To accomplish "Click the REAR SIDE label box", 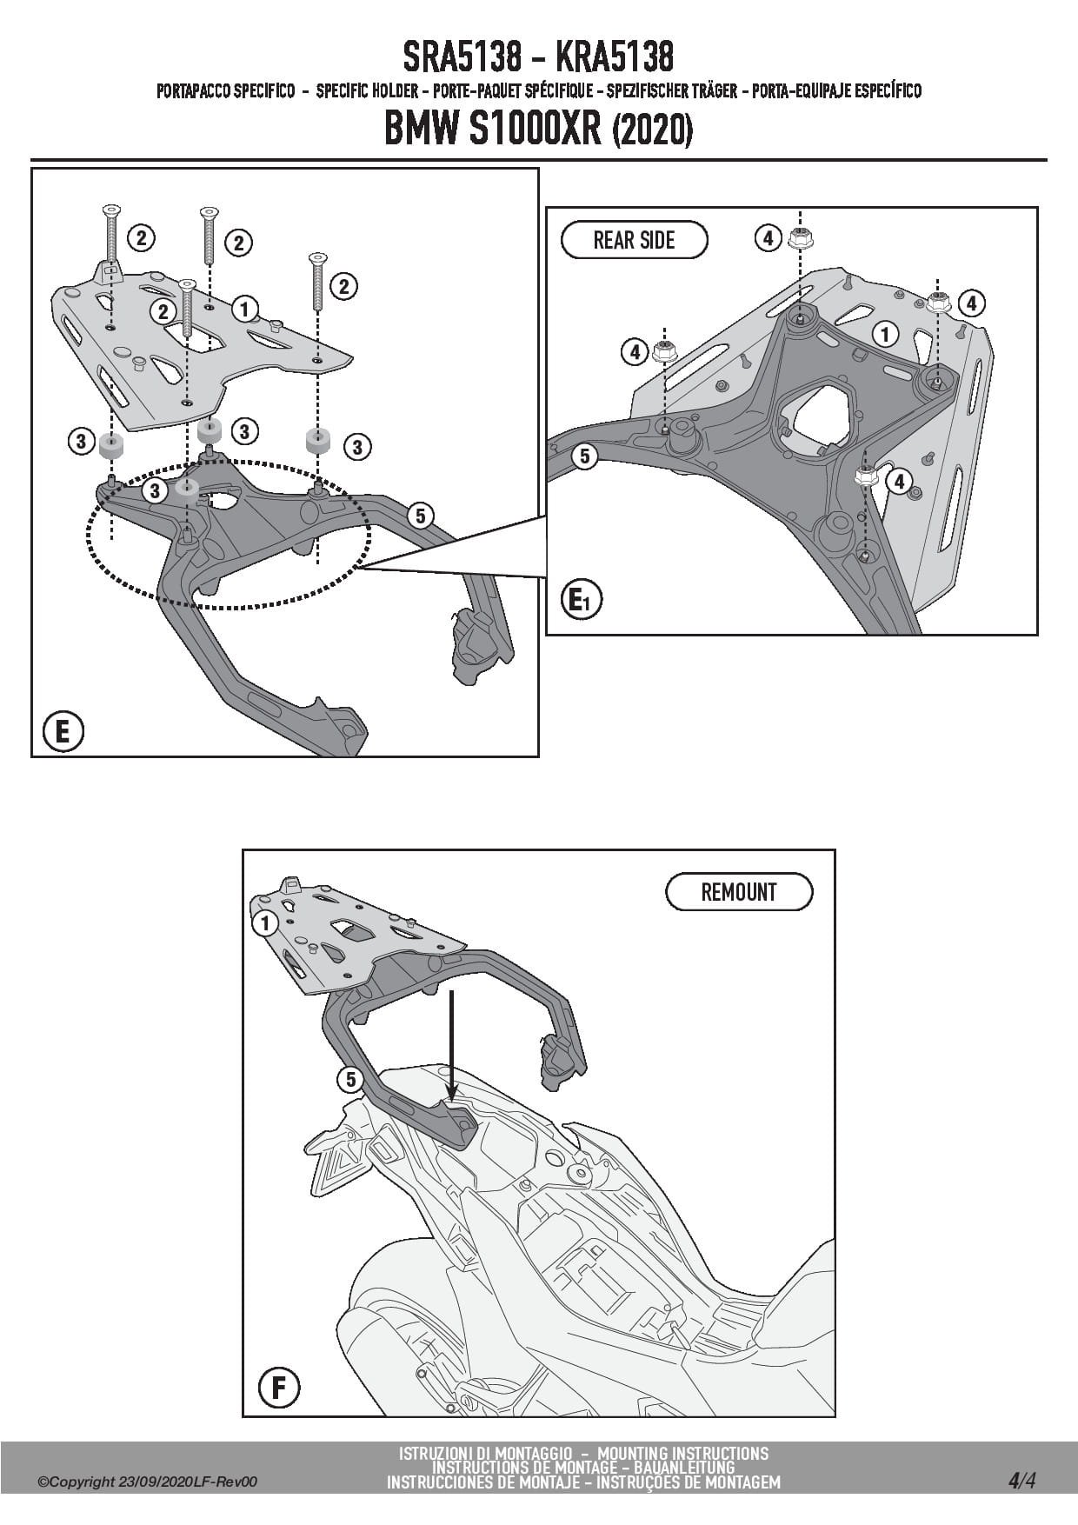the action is [x=634, y=240].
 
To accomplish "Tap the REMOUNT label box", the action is [x=739, y=892].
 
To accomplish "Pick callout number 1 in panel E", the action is [x=245, y=309].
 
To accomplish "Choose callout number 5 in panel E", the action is [x=420, y=516].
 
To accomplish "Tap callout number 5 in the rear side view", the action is [x=584, y=455].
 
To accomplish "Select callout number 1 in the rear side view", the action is [x=886, y=334].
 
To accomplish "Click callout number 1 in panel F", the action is [x=264, y=922].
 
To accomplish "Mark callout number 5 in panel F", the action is [x=349, y=1080].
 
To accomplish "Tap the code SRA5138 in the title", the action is [x=462, y=57].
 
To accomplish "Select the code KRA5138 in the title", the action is [x=614, y=57].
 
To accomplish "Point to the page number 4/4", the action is [x=1021, y=1481].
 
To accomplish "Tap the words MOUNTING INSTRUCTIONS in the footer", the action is [x=683, y=1453].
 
